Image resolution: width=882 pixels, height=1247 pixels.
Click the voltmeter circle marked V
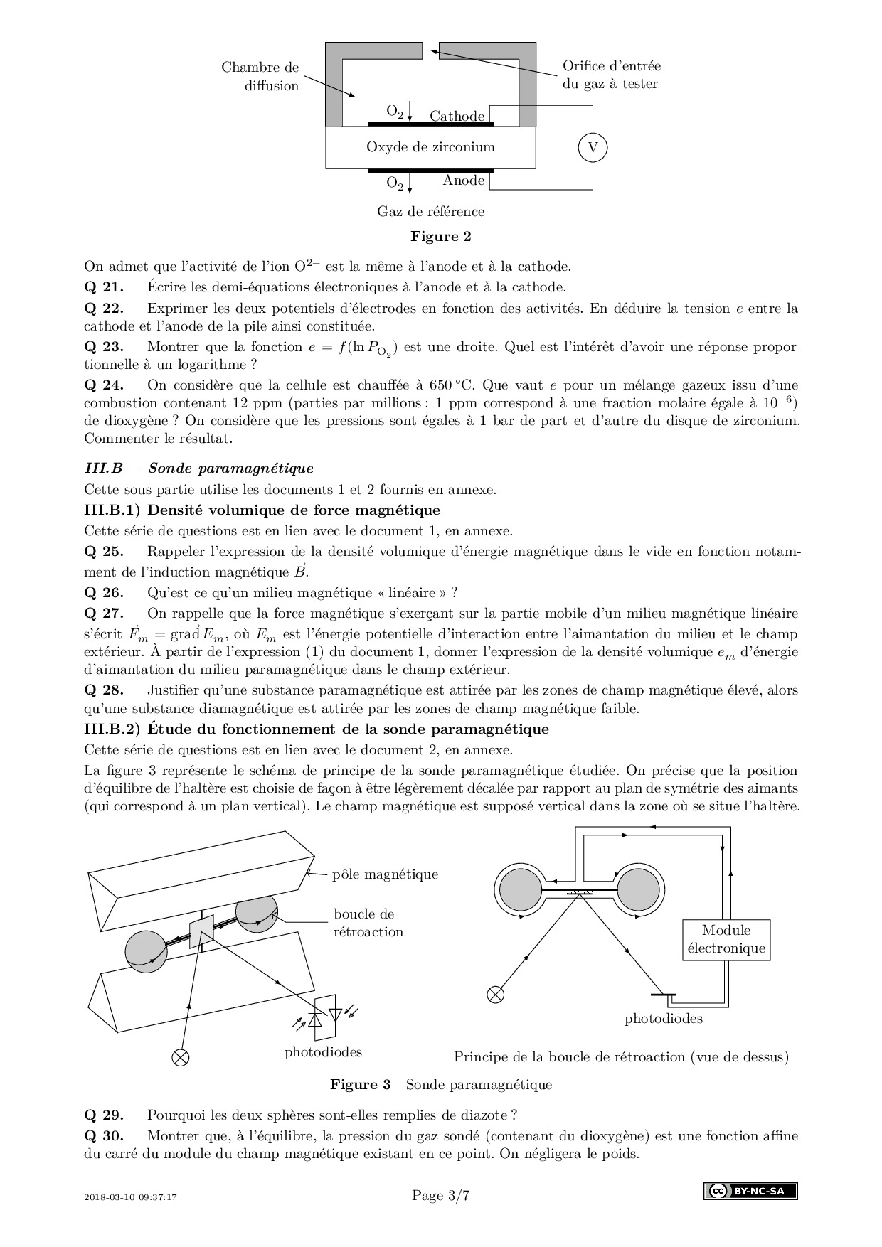pos(593,148)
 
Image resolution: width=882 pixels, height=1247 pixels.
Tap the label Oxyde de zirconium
pos(430,147)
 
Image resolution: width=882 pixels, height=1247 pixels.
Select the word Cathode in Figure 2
pos(457,116)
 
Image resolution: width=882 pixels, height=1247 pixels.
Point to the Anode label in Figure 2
pos(463,181)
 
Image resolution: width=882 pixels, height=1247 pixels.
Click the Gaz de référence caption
pos(430,211)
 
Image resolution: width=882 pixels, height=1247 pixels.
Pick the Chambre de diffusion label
pos(260,76)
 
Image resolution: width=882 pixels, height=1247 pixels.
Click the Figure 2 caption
pos(441,236)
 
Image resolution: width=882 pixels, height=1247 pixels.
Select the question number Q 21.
pos(104,287)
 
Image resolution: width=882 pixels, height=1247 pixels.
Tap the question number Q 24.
pos(104,385)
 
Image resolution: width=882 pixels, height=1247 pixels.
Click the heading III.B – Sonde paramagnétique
pos(198,469)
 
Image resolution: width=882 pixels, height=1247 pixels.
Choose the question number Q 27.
pos(104,613)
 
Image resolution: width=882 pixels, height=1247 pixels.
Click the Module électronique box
pos(726,939)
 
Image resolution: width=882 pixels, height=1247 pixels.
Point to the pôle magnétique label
pos(385,874)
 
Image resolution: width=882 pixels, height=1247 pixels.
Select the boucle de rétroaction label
pos(368,923)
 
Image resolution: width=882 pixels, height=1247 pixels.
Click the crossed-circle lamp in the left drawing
pos(181,1057)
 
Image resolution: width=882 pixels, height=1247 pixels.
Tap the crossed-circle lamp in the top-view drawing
pos(495,994)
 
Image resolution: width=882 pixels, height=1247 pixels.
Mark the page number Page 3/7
pos(441,1196)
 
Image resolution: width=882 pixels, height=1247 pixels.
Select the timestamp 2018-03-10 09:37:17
pos(130,1197)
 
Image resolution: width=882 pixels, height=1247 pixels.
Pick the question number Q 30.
pos(104,1136)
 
